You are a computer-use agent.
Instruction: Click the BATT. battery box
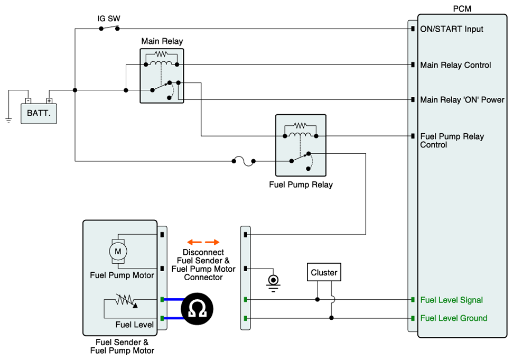(x=39, y=113)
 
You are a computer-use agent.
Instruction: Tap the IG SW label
(x=109, y=19)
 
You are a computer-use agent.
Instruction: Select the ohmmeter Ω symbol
(x=197, y=309)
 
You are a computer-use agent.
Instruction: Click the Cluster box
(x=324, y=273)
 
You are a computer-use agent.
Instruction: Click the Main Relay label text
(x=162, y=41)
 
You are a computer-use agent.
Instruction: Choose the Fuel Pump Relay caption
(x=301, y=185)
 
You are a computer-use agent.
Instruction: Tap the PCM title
(x=462, y=9)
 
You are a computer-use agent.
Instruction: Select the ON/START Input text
(x=452, y=29)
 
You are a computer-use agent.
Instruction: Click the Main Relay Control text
(x=455, y=65)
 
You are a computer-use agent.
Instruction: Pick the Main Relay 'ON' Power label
(x=462, y=99)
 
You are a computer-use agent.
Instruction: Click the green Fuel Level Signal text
(x=451, y=300)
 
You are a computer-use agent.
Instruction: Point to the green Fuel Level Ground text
(x=453, y=318)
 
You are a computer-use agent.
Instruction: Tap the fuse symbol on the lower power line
(x=244, y=161)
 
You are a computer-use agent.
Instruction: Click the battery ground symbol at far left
(x=8, y=120)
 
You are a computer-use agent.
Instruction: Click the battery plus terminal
(x=49, y=100)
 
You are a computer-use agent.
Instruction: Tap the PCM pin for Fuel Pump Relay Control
(x=412, y=136)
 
